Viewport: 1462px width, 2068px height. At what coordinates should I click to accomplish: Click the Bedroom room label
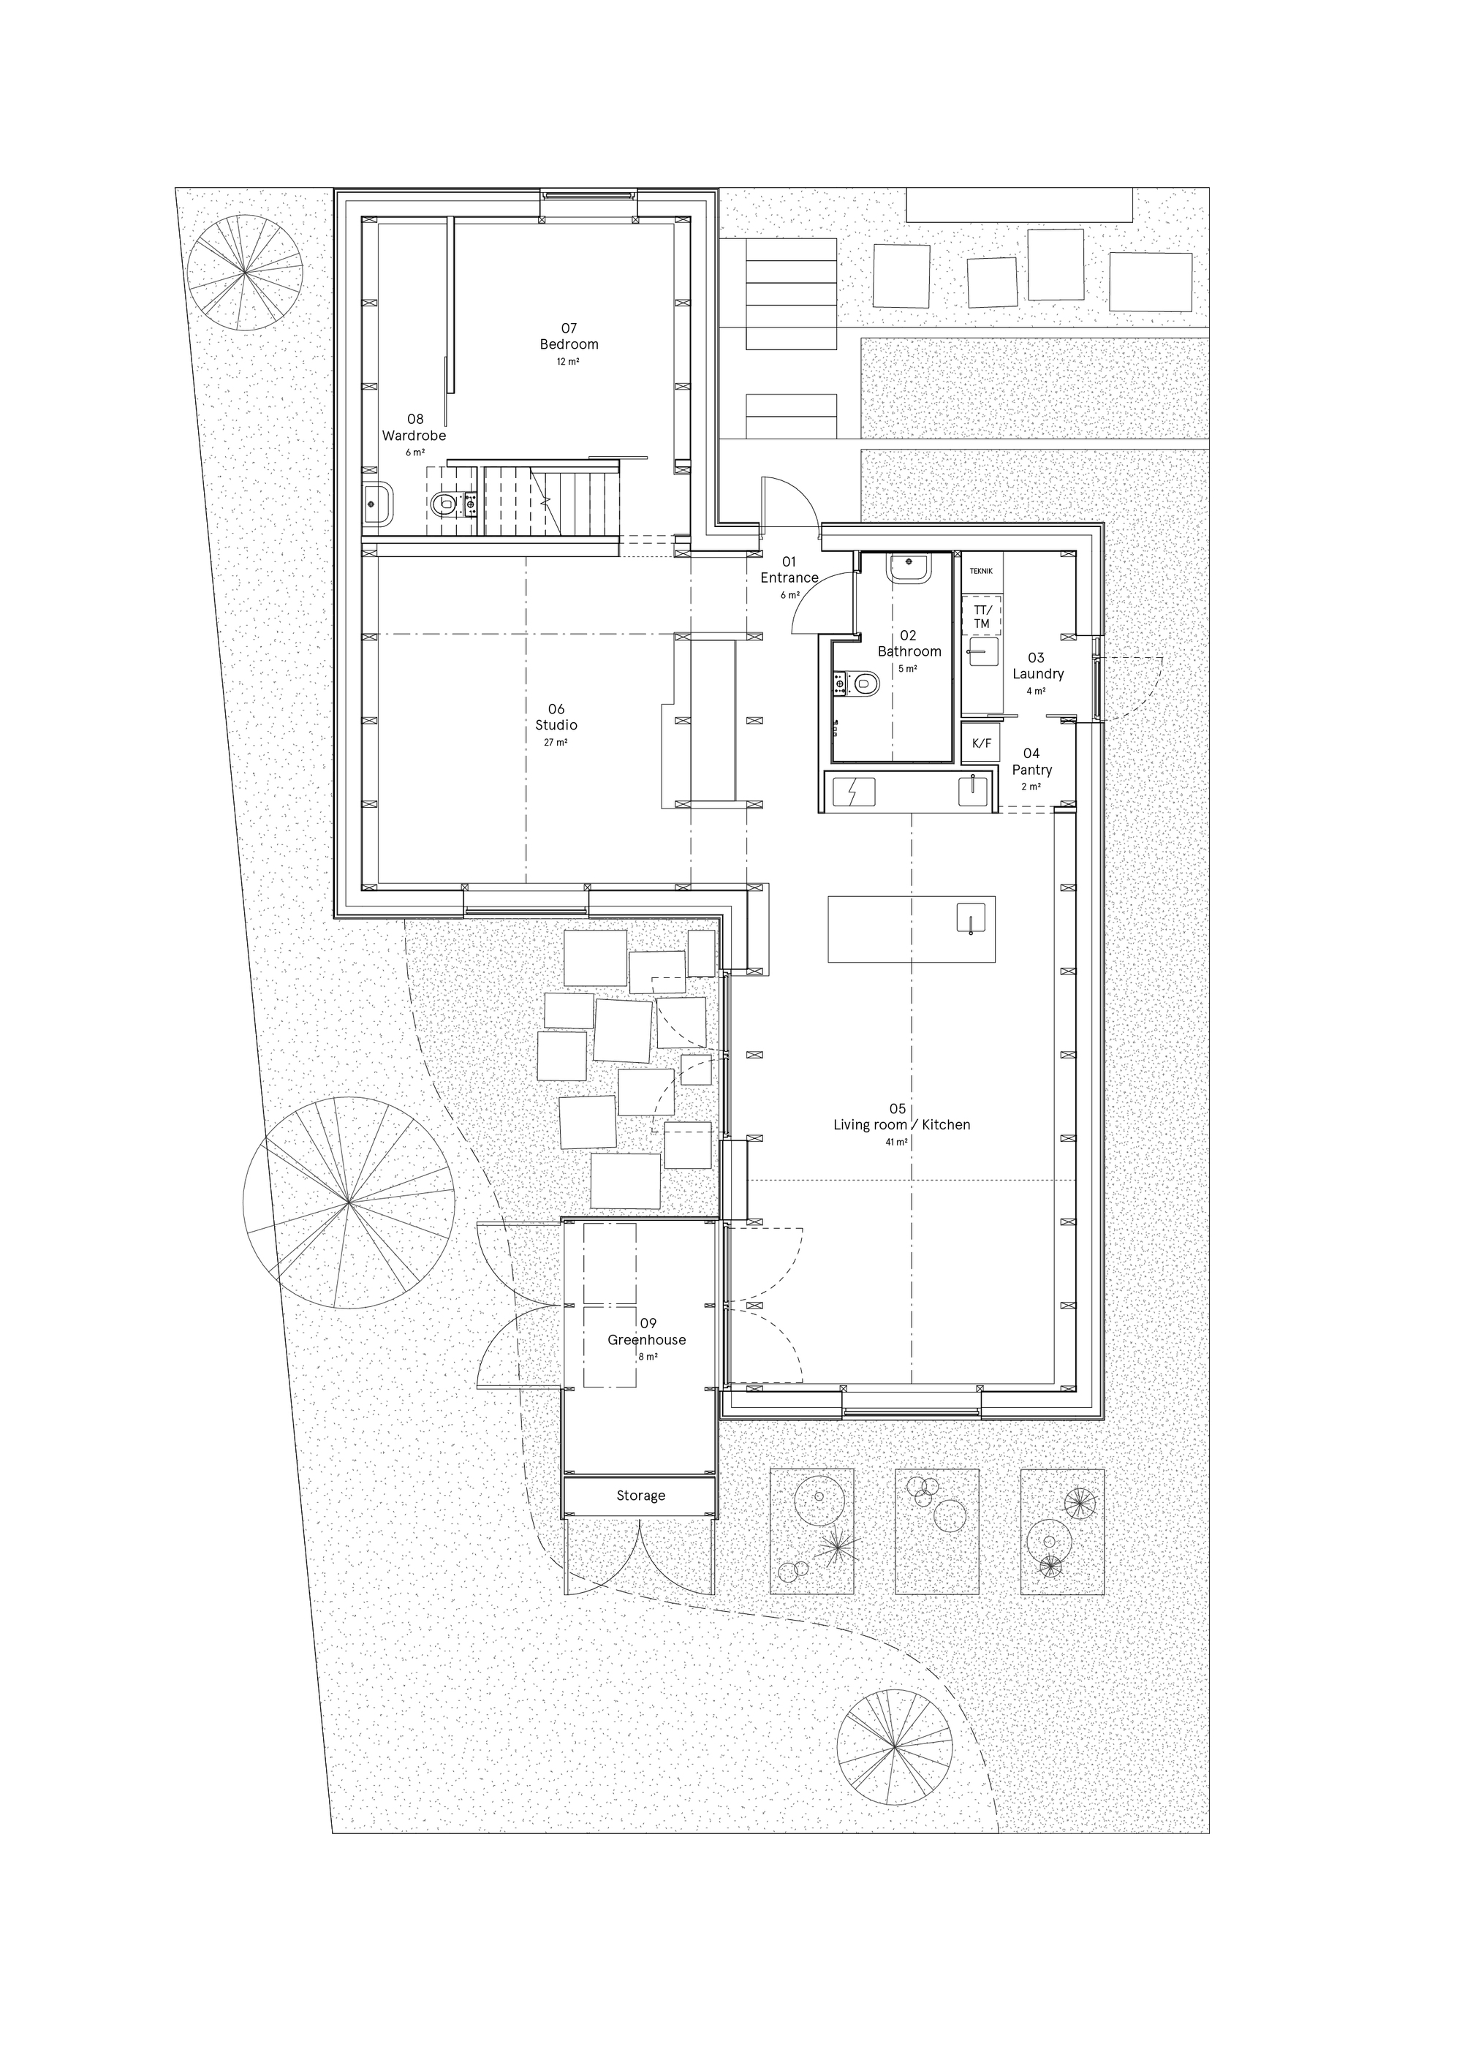(x=569, y=344)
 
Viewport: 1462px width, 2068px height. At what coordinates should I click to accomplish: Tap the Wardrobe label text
(x=414, y=436)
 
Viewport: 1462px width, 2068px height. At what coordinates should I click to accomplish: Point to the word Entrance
(x=789, y=578)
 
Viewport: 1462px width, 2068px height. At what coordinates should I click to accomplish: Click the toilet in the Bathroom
(x=864, y=686)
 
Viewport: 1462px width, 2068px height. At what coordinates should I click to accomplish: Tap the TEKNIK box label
(x=981, y=571)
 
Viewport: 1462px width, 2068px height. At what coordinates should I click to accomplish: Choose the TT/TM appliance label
(x=981, y=617)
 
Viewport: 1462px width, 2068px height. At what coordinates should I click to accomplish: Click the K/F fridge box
(x=981, y=743)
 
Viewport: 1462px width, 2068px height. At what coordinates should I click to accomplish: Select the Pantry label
(x=1031, y=770)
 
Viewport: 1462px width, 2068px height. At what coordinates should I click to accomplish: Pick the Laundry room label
(x=1038, y=674)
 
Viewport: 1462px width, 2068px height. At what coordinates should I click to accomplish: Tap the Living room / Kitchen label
(x=902, y=1125)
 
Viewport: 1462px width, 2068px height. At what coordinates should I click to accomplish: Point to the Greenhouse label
(x=647, y=1339)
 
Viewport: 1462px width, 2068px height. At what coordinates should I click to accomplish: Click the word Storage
(x=640, y=1496)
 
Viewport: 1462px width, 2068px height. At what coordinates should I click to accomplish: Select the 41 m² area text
(x=897, y=1142)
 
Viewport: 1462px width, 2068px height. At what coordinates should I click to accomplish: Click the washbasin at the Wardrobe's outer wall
(x=377, y=504)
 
